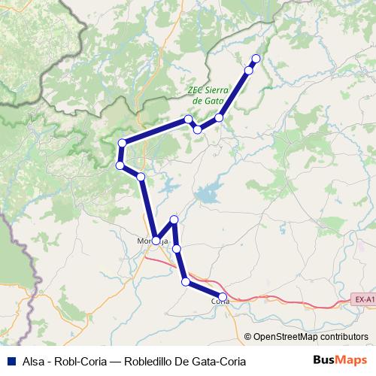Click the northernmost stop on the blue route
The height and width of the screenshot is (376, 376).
(256, 59)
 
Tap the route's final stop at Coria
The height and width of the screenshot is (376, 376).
(223, 296)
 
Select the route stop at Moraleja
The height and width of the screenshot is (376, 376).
(155, 241)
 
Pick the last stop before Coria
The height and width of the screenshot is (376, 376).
(186, 281)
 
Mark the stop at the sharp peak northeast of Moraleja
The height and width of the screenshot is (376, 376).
(174, 219)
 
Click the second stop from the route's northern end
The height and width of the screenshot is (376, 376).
(249, 71)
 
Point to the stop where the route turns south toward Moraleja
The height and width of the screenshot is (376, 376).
(141, 176)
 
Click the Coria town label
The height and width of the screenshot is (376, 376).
(220, 301)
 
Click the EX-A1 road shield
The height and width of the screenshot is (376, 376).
(363, 300)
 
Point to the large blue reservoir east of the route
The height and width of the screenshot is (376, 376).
(207, 196)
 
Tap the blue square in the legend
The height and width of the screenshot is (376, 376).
(9, 361)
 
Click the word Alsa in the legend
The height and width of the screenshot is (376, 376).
(33, 361)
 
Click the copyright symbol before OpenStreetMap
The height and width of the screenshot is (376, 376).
(248, 337)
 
